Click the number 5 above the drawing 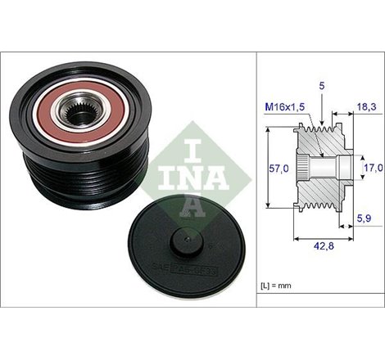click(x=323, y=84)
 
